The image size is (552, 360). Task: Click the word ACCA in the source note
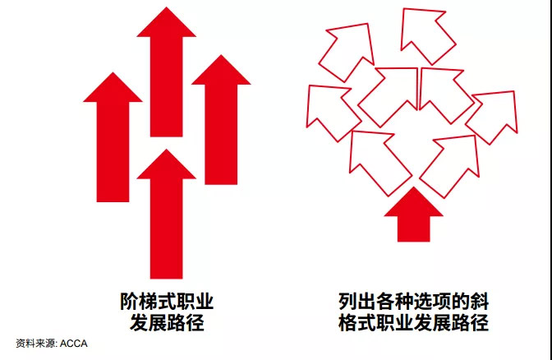[x=74, y=344]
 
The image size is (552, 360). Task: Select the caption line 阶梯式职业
[x=167, y=301]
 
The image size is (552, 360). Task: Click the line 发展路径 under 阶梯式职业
[x=167, y=322]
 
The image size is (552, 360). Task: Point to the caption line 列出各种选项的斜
[x=414, y=301]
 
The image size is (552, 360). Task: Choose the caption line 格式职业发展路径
[x=414, y=322]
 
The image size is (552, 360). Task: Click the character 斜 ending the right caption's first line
[x=480, y=301]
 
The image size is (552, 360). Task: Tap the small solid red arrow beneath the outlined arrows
[x=414, y=219]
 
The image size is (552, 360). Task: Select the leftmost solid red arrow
[x=113, y=141]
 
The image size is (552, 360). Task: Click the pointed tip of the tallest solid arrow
[x=166, y=7]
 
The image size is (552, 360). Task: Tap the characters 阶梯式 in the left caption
[x=148, y=301]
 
